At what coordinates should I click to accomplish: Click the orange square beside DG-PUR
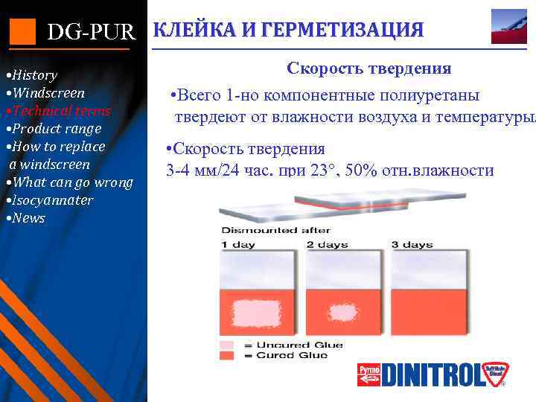[22, 31]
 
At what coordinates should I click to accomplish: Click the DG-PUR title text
[92, 32]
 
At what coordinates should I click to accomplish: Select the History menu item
[31, 75]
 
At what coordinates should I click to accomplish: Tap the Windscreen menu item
[45, 93]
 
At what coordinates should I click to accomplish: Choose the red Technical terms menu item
[58, 111]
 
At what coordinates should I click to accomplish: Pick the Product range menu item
[54, 129]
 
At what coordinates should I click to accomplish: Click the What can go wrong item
[70, 182]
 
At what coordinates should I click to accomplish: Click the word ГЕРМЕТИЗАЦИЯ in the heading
[350, 30]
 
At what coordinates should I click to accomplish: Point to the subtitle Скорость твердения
[368, 68]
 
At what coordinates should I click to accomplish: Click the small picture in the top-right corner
[509, 26]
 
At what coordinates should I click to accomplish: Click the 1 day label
[237, 245]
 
